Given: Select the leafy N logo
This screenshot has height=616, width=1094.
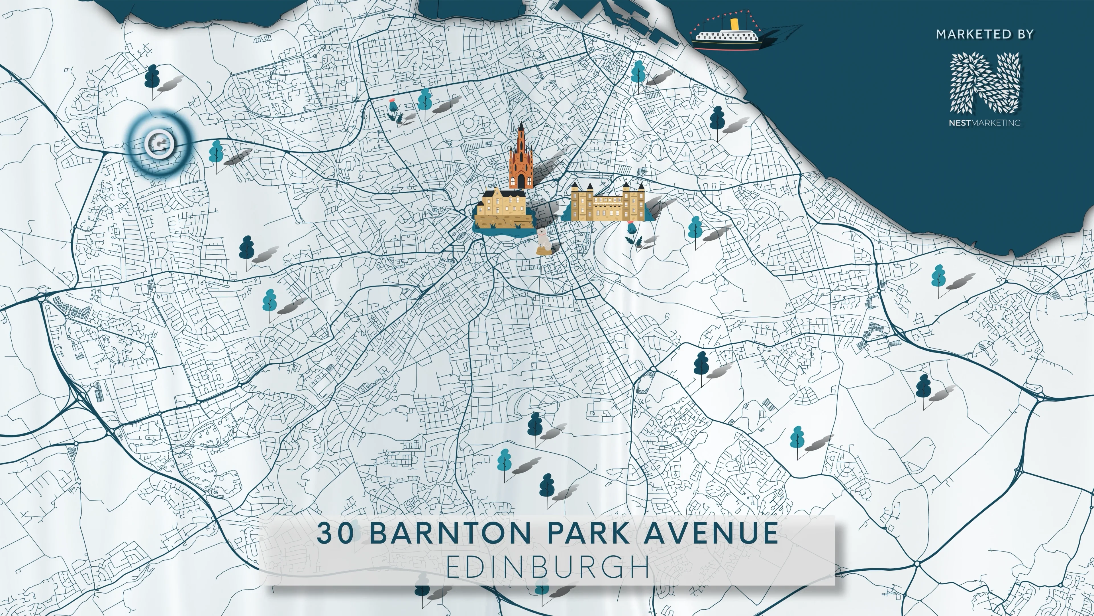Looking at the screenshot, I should [984, 83].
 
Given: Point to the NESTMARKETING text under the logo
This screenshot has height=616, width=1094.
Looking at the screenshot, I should [984, 123].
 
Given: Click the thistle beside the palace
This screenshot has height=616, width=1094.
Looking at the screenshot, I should [632, 233].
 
